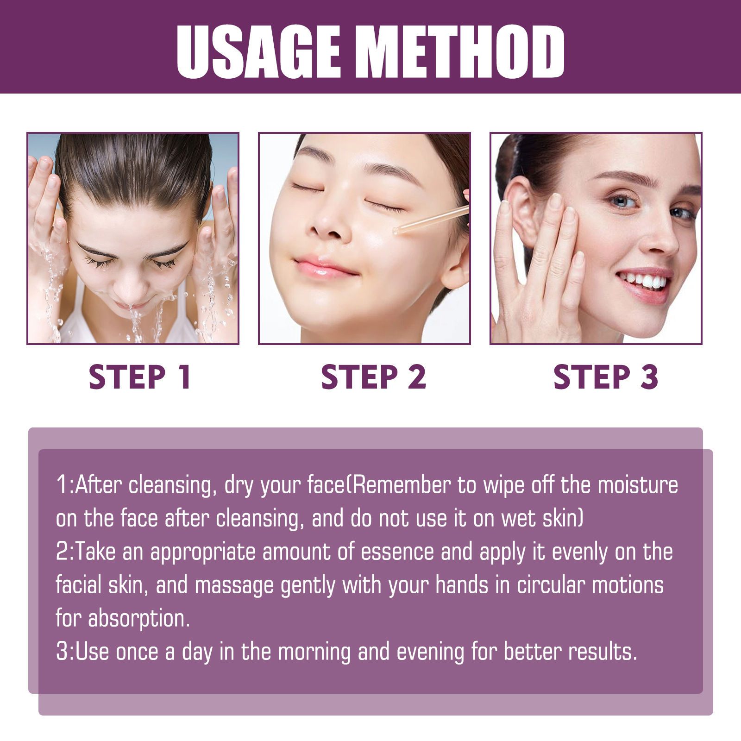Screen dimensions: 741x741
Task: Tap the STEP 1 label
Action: click(140, 377)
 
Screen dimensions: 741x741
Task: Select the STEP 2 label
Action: click(373, 377)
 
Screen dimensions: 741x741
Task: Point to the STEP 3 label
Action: click(606, 377)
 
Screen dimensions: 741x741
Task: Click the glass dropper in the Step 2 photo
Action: click(431, 220)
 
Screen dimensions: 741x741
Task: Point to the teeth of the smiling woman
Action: click(646, 281)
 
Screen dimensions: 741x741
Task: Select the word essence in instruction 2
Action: click(397, 552)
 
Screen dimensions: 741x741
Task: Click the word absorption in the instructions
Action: click(139, 619)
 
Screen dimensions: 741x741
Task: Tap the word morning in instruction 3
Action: click(314, 652)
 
